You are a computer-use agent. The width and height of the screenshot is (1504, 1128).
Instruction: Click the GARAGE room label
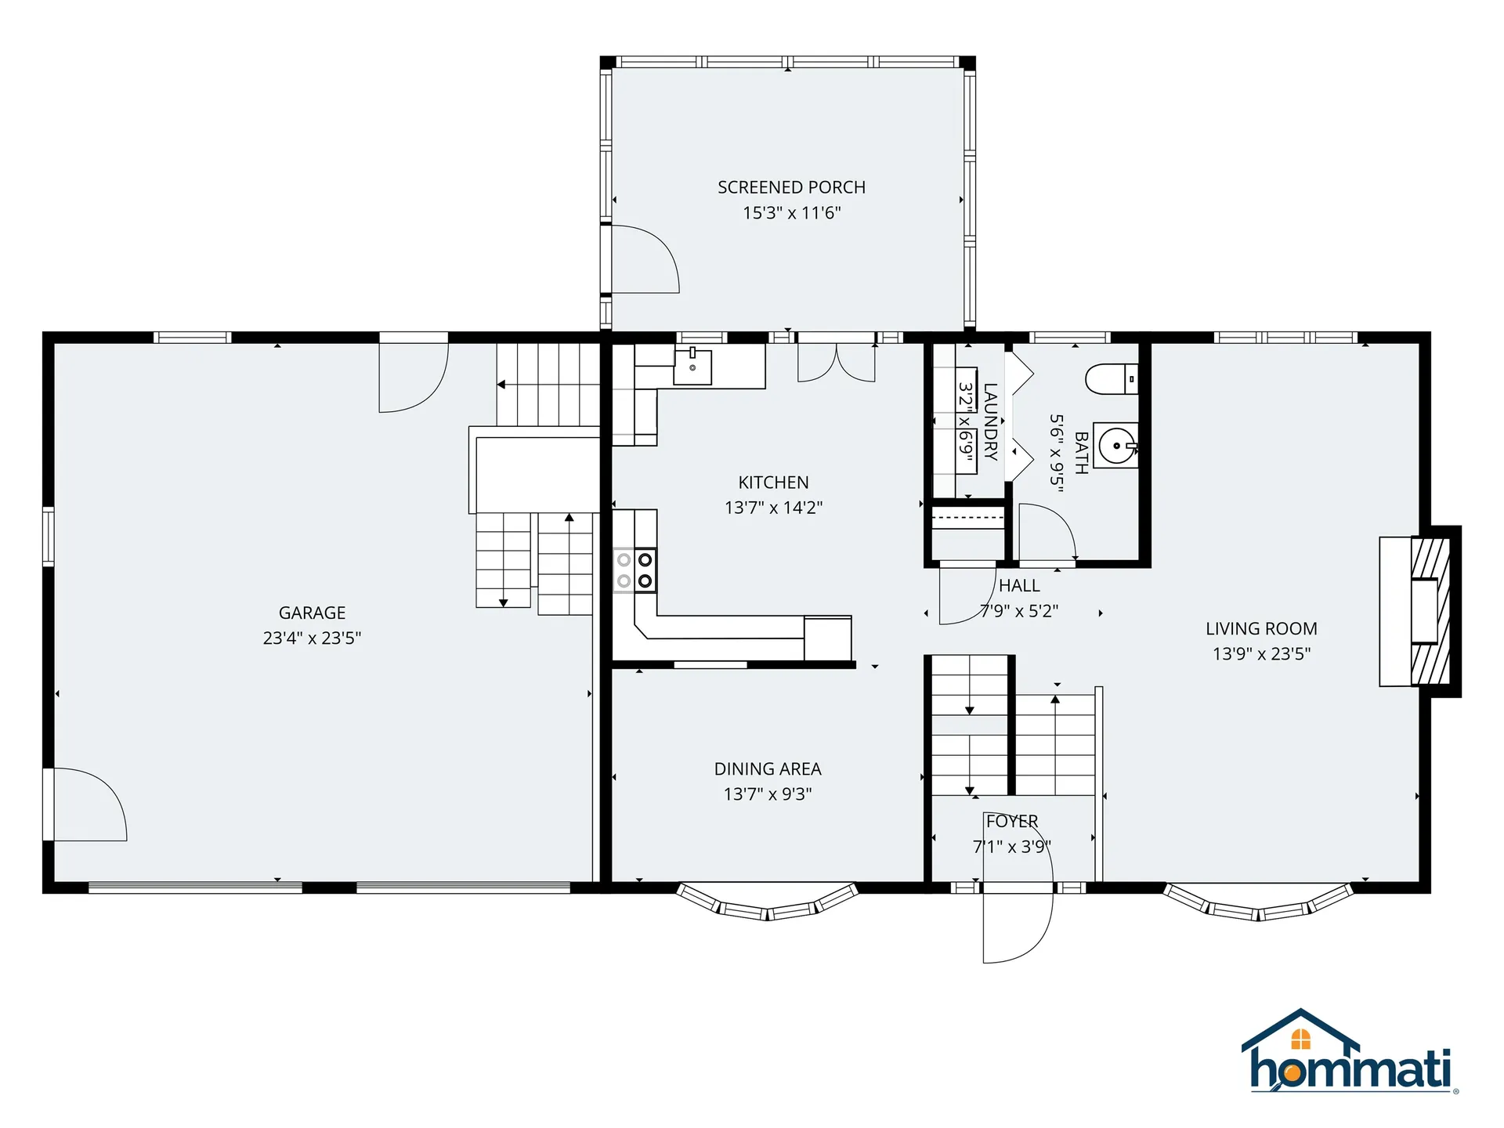312,613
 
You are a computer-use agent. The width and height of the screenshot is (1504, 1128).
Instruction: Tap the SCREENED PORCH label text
791,187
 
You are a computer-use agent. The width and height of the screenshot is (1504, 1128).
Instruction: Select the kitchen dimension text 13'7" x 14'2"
773,508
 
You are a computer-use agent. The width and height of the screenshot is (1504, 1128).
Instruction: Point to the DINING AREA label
768,769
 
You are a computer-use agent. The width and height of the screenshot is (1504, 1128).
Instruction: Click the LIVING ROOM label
1261,628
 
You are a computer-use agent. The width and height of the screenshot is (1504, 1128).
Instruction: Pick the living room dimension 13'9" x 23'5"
1261,654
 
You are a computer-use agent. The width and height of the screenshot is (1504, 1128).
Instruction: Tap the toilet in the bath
1112,379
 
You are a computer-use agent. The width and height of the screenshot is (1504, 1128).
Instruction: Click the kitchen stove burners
634,570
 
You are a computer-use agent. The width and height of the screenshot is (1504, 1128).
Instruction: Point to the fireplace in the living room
1420,611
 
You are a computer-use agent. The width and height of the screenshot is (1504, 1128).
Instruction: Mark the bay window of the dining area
768,902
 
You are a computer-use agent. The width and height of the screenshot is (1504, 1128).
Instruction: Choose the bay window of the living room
1259,902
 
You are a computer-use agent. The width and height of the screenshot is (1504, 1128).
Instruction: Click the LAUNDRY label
991,421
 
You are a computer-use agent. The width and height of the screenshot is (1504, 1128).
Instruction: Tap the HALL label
1019,586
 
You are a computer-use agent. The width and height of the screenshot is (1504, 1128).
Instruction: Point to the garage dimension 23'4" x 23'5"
312,638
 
